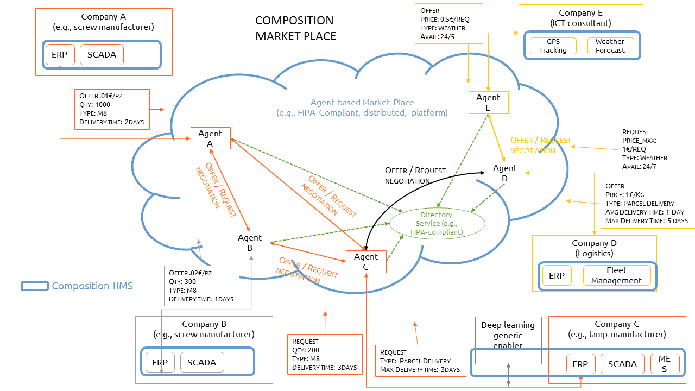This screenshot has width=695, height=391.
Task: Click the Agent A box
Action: pyautogui.click(x=210, y=138)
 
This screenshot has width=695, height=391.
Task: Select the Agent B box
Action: pyautogui.click(x=250, y=243)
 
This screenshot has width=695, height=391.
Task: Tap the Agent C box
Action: pyautogui.click(x=366, y=262)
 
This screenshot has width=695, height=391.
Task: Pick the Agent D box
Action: pyautogui.click(x=505, y=173)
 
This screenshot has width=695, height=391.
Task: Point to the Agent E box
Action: pyautogui.click(x=488, y=103)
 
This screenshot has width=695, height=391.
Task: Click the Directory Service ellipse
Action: pyautogui.click(x=437, y=223)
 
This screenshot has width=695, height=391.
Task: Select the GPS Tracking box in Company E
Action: pyautogui.click(x=553, y=46)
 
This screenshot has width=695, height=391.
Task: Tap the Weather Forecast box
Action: pyautogui.click(x=610, y=46)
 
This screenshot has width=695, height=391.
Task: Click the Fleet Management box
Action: pyautogui.click(x=617, y=275)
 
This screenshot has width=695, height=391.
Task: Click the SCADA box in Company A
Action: pyautogui.click(x=102, y=55)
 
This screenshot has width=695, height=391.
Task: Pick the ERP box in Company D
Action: pyautogui.click(x=557, y=275)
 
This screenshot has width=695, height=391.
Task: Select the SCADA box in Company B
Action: pyautogui.click(x=202, y=362)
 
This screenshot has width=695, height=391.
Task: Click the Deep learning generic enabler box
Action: pyautogui.click(x=508, y=340)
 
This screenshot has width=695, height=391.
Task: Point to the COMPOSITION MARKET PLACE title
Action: pyautogui.click(x=296, y=29)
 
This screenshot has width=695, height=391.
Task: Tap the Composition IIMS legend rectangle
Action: pyautogui.click(x=35, y=286)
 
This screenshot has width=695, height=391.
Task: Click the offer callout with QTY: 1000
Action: pyautogui.click(x=112, y=109)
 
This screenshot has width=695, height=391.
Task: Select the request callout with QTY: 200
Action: pyautogui.click(x=325, y=355)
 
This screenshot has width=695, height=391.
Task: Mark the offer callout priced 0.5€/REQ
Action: pyautogui.click(x=449, y=23)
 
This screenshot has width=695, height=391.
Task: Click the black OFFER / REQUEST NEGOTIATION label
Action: pyautogui.click(x=415, y=175)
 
